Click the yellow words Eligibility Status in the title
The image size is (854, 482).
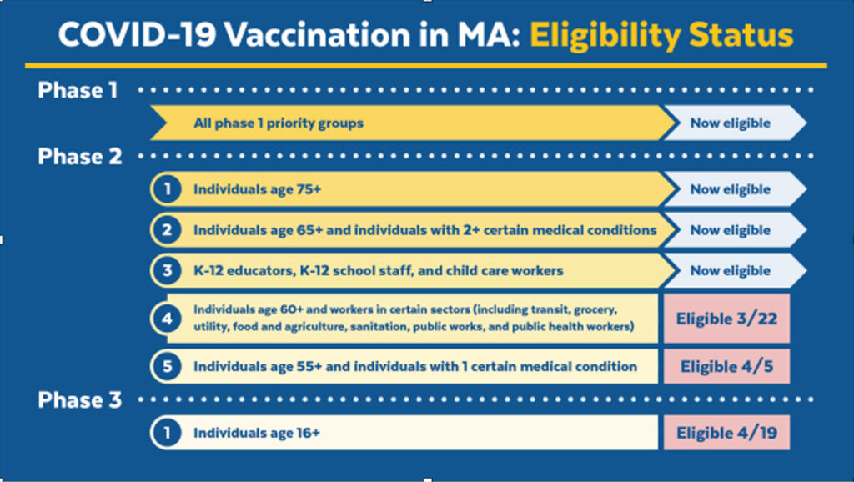(661, 35)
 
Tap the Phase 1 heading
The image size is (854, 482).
(78, 90)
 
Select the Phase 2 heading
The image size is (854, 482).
(80, 157)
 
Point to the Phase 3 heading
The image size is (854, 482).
(80, 400)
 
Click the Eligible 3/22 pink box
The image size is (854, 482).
(726, 319)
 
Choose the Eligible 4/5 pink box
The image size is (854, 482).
(726, 367)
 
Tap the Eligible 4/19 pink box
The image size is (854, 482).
(726, 433)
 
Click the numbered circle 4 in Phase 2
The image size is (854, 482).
(167, 318)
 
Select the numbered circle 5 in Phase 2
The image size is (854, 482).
(167, 367)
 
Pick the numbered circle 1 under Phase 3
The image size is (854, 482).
(167, 433)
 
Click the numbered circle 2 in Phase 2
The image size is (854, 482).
(167, 230)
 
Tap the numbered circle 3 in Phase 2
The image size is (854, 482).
(167, 271)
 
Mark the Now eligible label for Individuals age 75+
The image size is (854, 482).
(731, 189)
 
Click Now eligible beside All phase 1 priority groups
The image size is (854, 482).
(731, 123)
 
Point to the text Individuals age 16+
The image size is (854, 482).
(257, 433)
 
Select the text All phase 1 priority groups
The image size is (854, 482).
(279, 123)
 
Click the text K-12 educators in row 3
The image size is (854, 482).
(244, 271)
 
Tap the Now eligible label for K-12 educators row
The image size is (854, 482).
(731, 271)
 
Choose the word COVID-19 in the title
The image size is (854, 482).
(138, 35)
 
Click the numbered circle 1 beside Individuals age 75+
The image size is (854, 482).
(167, 189)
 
